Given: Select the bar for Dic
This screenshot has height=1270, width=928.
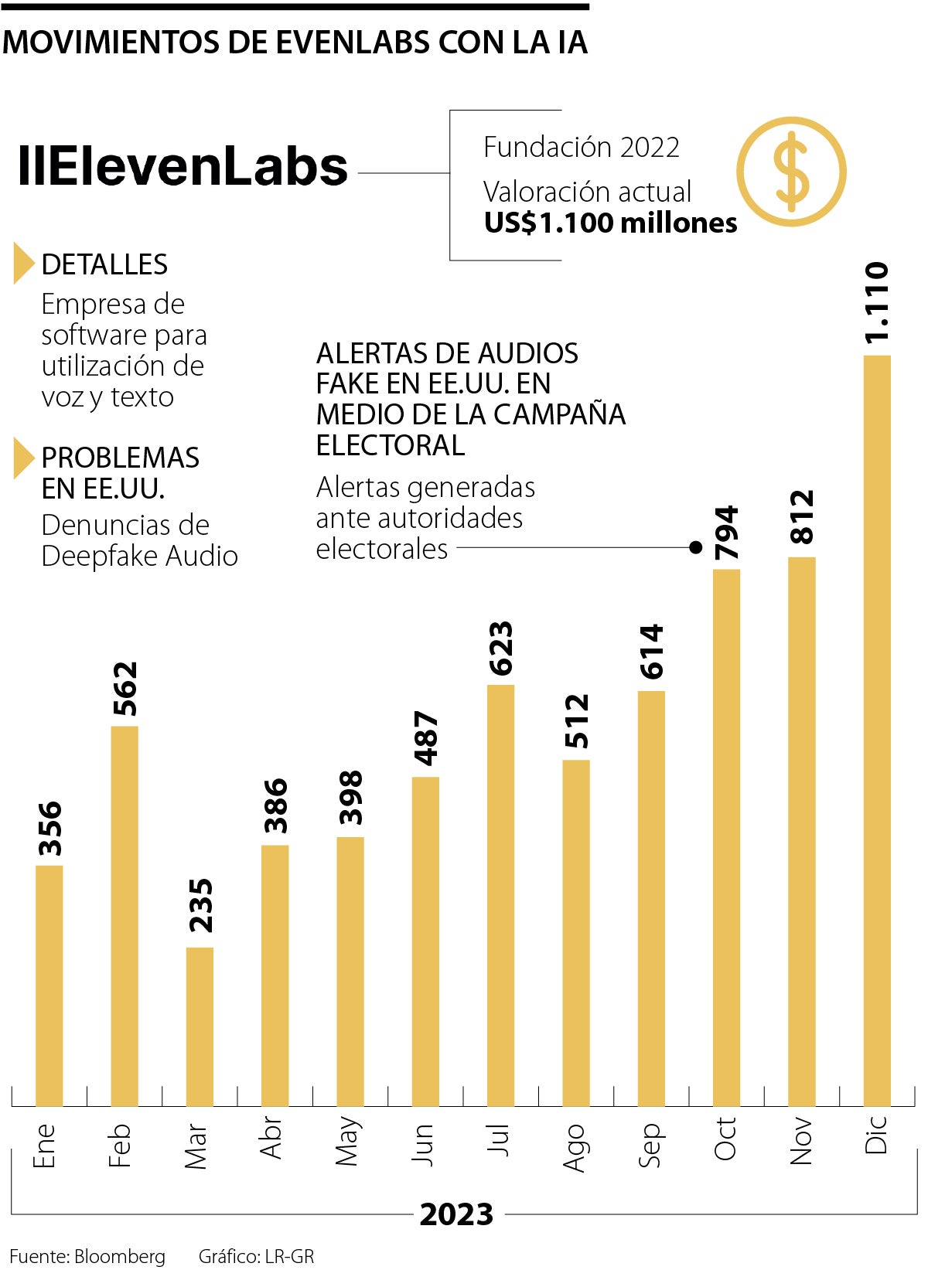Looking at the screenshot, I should point(876,730).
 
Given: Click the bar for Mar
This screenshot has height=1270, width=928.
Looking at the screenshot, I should point(200,1027).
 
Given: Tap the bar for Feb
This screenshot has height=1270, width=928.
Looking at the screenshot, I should point(125,916).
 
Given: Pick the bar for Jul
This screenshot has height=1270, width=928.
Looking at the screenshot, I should point(500,895).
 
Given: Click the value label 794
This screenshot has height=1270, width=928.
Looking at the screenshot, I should point(727,533).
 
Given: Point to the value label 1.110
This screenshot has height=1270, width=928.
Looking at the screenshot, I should point(877,303).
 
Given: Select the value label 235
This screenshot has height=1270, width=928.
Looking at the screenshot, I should point(200,905).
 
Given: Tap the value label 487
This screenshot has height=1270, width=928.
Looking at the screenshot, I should point(425,739).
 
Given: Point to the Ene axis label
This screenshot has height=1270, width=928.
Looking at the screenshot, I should point(45,1146).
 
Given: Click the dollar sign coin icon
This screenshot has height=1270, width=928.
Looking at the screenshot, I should point(790,172).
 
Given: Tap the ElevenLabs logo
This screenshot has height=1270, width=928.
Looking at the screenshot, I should point(183,166).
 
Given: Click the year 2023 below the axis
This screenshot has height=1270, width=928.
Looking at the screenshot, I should point(456,1214).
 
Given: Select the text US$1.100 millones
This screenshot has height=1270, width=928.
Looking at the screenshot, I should point(610,223).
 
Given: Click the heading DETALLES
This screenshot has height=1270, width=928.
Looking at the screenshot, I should point(104,264).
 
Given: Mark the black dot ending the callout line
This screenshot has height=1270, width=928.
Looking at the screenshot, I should point(695,547).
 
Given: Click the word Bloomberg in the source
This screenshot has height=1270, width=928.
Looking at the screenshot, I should point(120,1257).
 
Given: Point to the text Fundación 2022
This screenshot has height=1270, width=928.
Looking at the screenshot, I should point(581,147).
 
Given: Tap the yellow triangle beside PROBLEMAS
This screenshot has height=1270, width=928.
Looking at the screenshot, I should point(23,458).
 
